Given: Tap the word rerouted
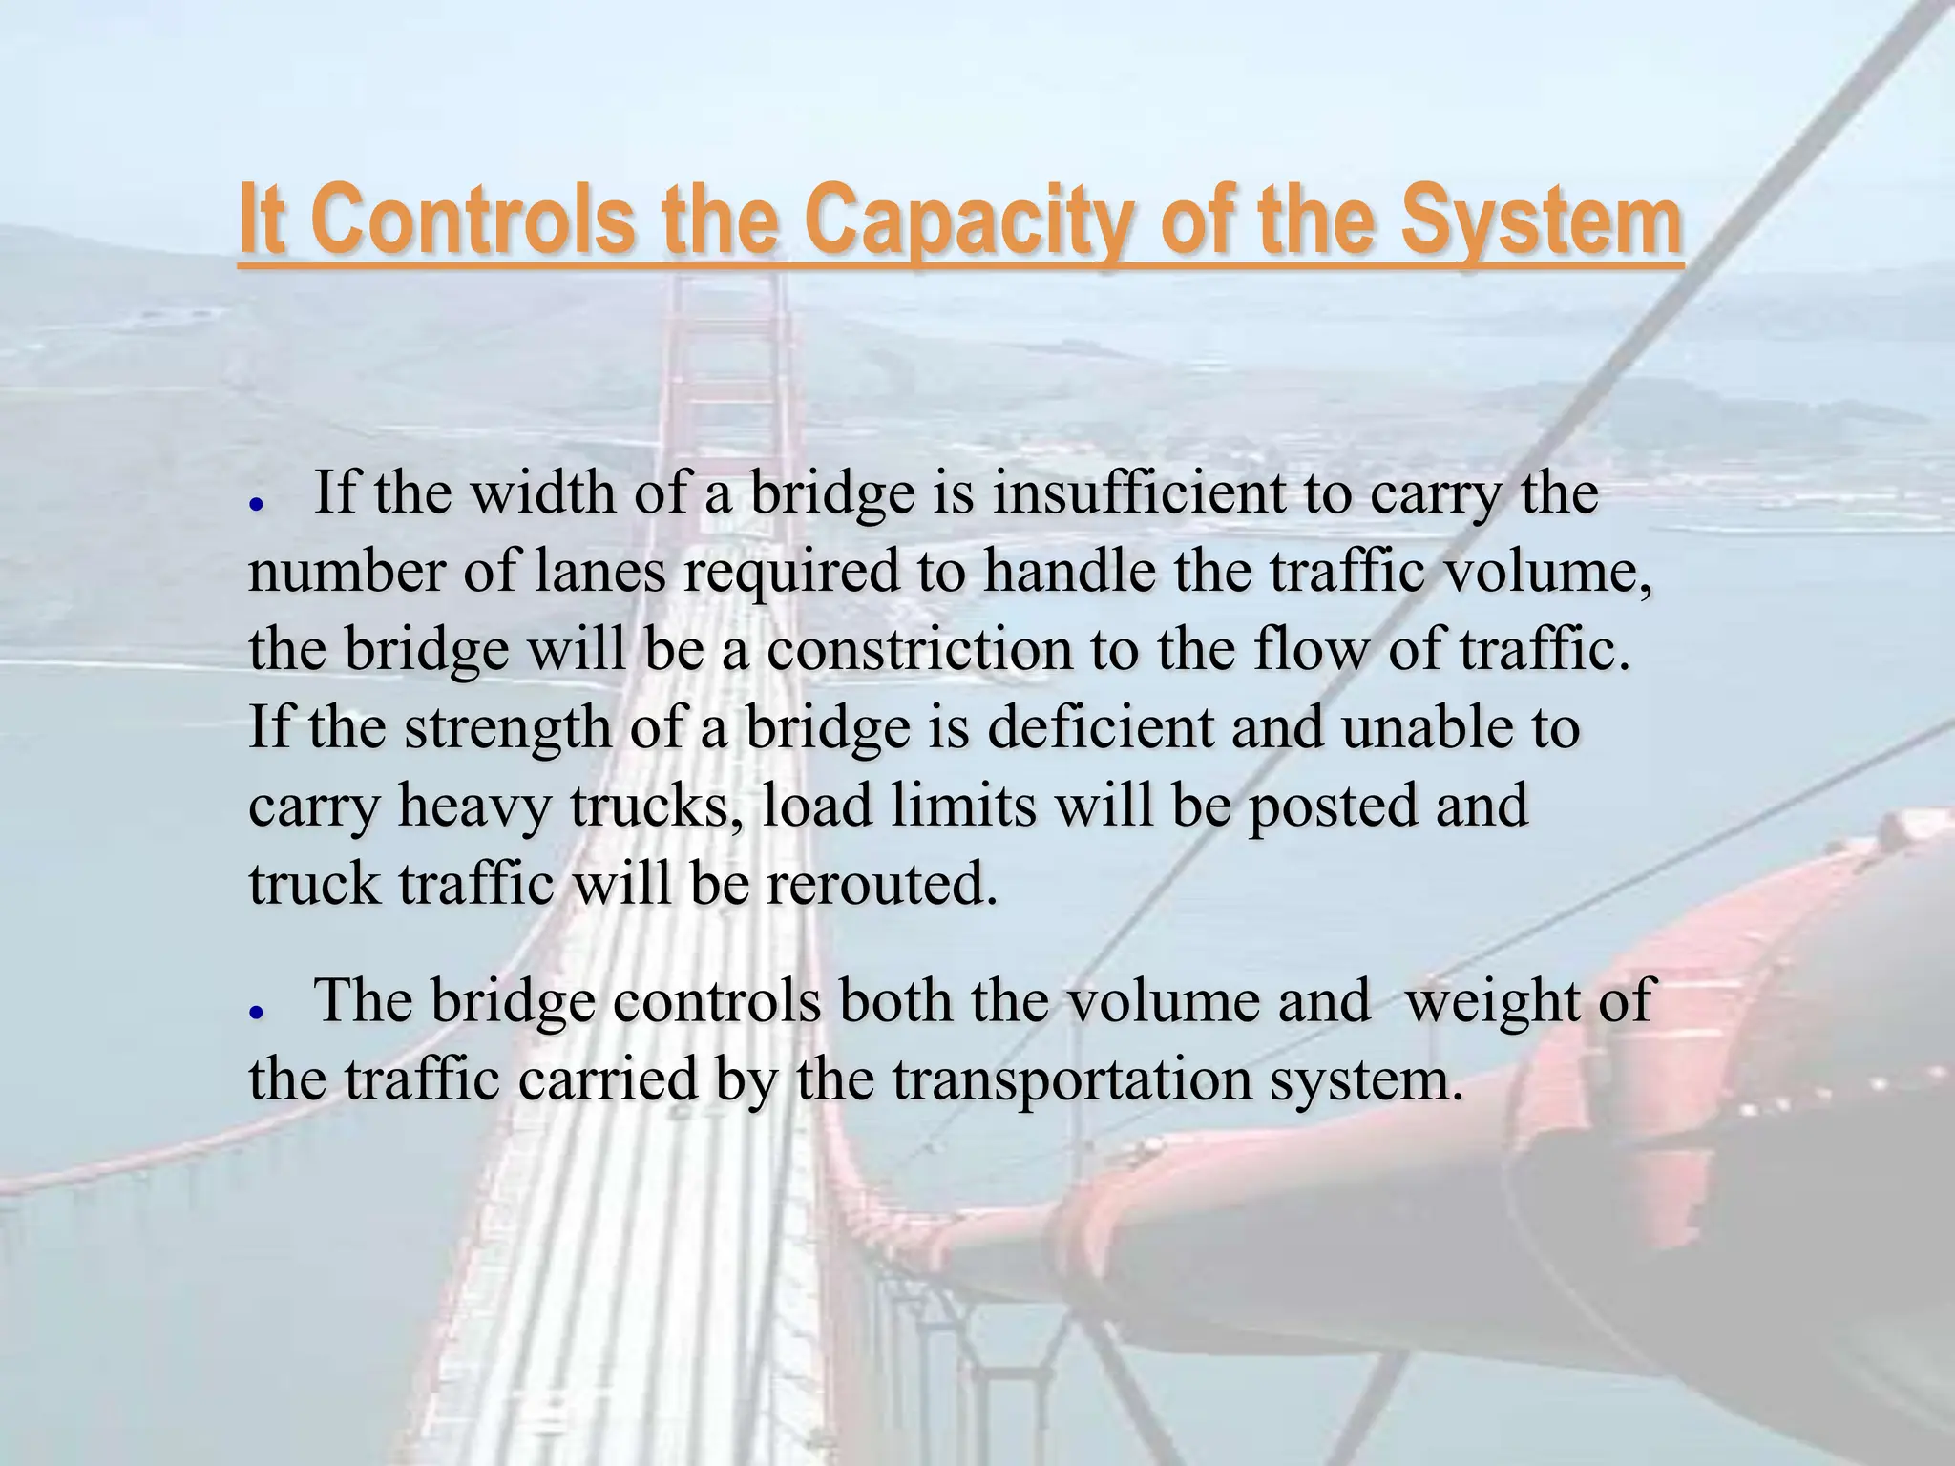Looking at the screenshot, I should coord(881,885).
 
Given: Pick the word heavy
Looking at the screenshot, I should coord(474,806).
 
